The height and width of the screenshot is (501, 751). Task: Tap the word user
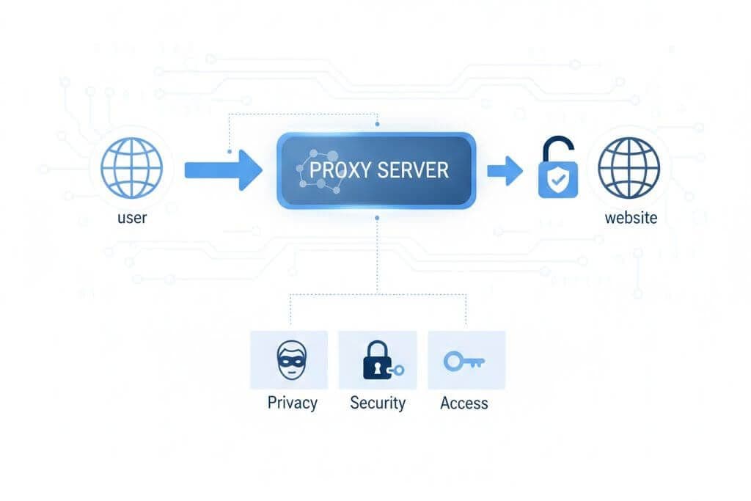coord(132,218)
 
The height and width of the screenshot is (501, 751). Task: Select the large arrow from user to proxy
coord(223,170)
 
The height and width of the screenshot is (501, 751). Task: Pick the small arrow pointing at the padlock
coord(505,171)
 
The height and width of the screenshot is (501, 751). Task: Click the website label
coord(631,218)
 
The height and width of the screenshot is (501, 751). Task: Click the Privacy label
coord(292,403)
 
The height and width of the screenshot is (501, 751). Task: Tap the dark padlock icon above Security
coord(377,360)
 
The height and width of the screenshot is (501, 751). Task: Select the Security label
coord(378,403)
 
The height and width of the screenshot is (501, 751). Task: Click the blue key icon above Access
coord(463,360)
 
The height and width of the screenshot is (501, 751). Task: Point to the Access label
coord(464,403)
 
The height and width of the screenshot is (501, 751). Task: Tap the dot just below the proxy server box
coord(376,218)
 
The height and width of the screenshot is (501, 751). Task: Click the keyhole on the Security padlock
coord(375,366)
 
